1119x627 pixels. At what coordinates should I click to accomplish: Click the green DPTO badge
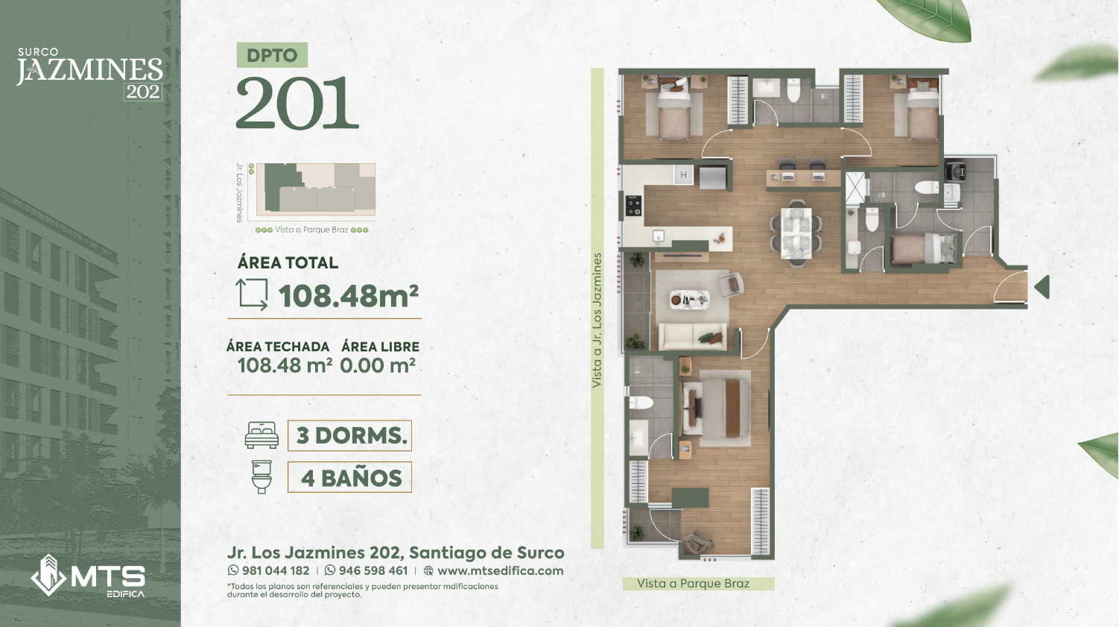tap(272, 55)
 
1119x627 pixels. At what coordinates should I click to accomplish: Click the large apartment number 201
tap(297, 103)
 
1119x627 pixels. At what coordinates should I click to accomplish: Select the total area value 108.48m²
tap(348, 296)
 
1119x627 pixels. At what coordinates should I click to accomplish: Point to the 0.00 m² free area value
tap(378, 365)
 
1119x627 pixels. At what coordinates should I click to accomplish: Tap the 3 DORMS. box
tap(349, 435)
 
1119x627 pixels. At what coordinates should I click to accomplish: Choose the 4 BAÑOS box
tap(349, 477)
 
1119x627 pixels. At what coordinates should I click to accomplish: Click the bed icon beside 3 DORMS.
tap(261, 435)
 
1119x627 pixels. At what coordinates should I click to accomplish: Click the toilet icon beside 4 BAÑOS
tap(261, 477)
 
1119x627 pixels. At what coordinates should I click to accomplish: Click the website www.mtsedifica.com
tap(500, 570)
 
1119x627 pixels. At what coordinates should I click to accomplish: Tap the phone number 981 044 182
tap(275, 570)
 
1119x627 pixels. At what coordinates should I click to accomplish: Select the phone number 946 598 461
tap(373, 570)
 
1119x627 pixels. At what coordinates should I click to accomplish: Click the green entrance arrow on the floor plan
tap(1042, 287)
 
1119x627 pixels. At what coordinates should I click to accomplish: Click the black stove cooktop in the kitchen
tap(634, 206)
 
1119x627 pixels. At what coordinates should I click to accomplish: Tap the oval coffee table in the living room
tap(689, 300)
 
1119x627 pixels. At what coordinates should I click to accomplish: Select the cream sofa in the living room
tap(693, 336)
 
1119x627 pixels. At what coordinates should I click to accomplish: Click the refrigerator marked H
tap(683, 175)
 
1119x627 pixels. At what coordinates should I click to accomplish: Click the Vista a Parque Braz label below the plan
tap(693, 584)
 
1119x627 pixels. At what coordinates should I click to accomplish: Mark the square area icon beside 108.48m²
tap(253, 294)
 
